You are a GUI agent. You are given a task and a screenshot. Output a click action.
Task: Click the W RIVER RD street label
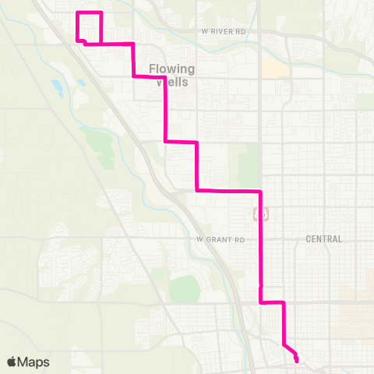coord(228,32)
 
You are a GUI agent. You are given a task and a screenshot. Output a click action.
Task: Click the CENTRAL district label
coord(323,238)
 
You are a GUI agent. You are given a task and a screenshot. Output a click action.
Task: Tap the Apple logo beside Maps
coord(12,362)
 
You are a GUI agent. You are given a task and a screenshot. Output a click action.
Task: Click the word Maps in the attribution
coord(34,362)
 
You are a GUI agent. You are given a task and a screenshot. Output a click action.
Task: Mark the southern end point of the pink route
coord(296,359)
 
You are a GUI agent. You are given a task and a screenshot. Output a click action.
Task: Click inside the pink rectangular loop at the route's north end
coord(90,26)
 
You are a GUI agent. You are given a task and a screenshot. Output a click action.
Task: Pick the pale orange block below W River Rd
coord(274,69)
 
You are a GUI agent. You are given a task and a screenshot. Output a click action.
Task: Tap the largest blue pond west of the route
coord(57,85)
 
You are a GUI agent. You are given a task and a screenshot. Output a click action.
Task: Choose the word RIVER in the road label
coord(229,32)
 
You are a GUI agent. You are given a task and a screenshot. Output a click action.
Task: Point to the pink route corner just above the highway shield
coord(259,191)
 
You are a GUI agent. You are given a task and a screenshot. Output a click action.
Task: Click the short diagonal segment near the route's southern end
coord(289,348)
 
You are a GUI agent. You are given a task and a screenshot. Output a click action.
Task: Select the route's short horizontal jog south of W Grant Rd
coord(272,302)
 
